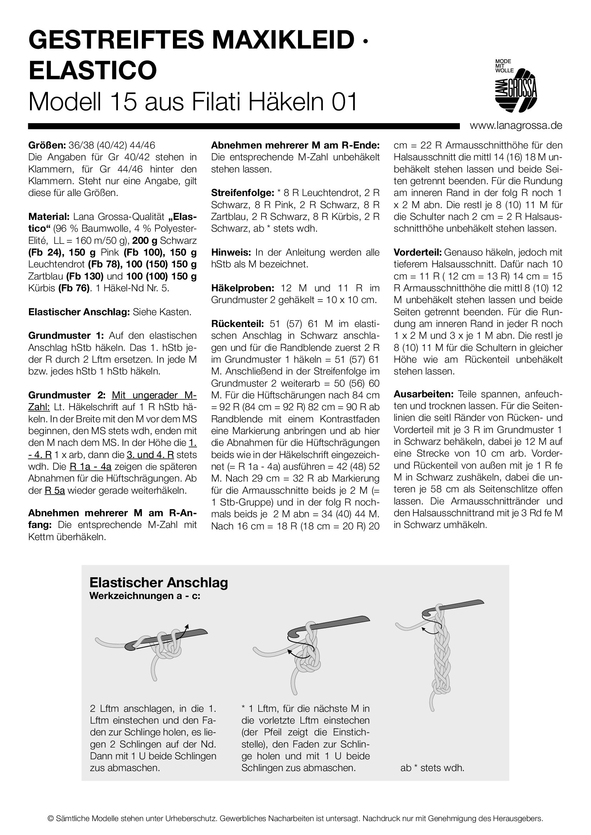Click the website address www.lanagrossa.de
coord(516,126)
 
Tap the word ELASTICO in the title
coord(93,70)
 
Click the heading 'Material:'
coord(49,217)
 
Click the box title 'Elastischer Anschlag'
coord(159,583)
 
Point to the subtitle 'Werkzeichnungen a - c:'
coord(145,596)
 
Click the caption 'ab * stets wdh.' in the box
coord(432,768)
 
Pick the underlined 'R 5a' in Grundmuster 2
coord(55,490)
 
